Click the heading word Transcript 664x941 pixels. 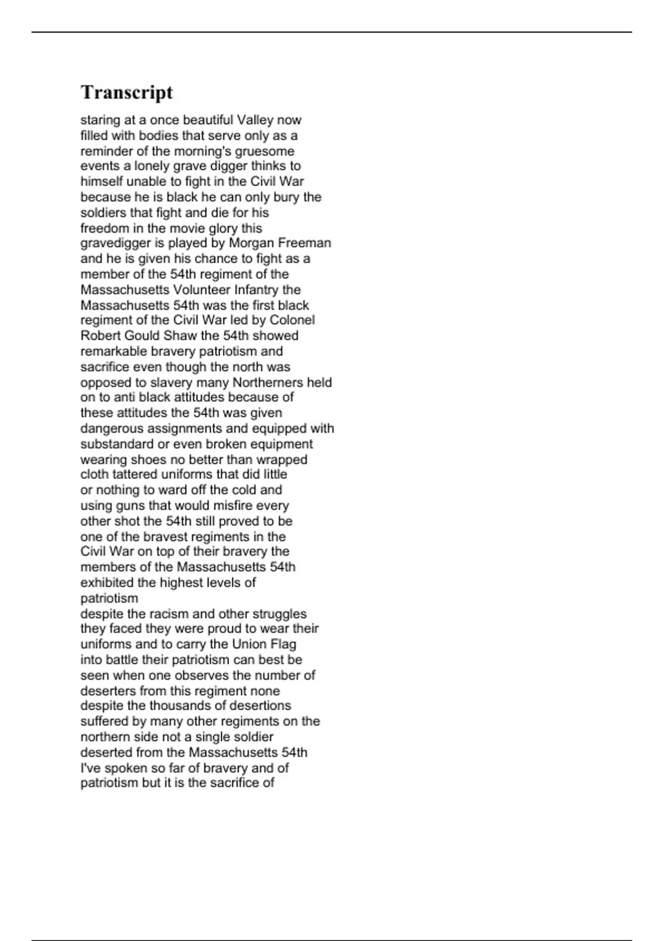[x=127, y=92]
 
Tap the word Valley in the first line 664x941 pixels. [x=256, y=120]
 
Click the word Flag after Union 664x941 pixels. [x=283, y=644]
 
